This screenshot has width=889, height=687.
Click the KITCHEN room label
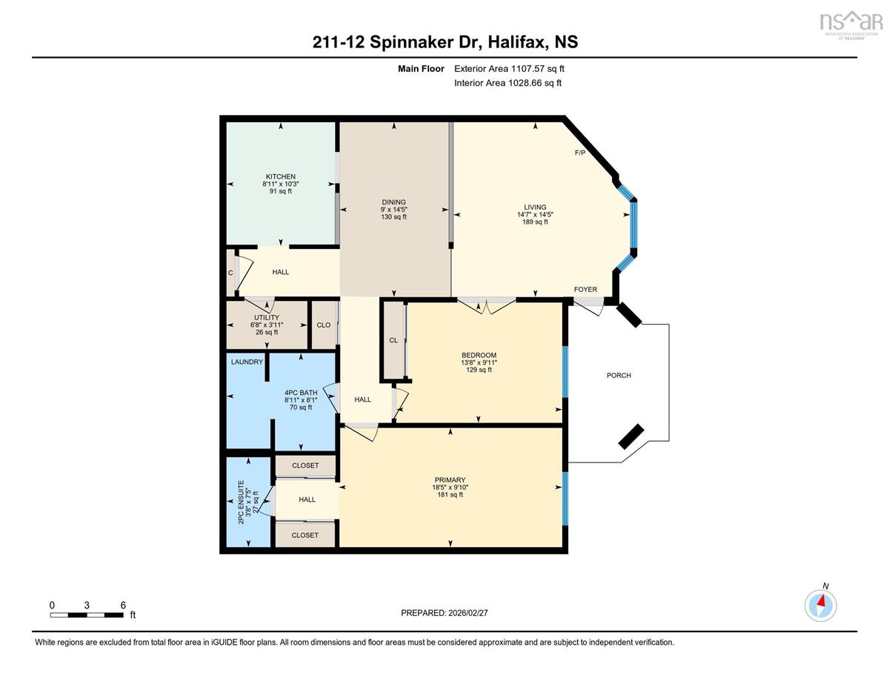(x=281, y=177)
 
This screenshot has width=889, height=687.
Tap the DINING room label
(x=393, y=202)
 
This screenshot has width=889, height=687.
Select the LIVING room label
(x=535, y=207)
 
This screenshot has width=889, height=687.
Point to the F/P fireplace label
(x=580, y=153)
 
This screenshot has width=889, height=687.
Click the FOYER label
(x=585, y=289)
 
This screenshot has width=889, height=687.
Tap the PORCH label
(x=619, y=375)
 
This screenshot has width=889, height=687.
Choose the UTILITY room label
(x=267, y=317)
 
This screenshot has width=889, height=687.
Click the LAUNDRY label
(x=247, y=362)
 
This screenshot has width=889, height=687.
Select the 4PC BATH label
(x=301, y=393)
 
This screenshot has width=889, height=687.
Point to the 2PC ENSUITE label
(x=241, y=502)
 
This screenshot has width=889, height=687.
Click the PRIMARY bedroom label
(x=450, y=479)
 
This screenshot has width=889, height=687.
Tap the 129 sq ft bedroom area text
(x=479, y=370)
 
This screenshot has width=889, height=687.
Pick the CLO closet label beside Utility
(x=324, y=325)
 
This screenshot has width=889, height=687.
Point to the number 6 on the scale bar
(x=123, y=605)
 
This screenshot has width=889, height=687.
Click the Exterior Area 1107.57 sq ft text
(x=510, y=69)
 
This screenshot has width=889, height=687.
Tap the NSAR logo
(x=849, y=25)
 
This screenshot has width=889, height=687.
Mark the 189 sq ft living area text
(x=535, y=222)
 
